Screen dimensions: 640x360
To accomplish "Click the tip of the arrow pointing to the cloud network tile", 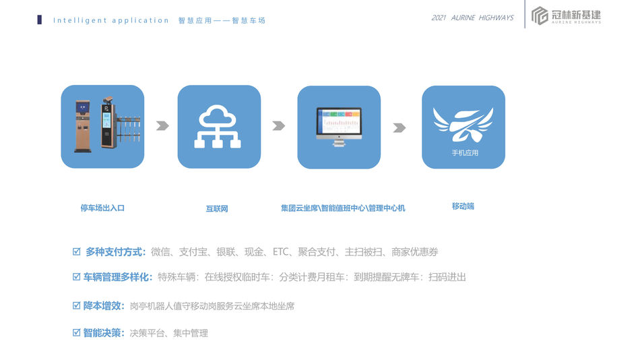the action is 169,125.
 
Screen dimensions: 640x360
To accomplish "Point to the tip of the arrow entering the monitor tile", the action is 286,125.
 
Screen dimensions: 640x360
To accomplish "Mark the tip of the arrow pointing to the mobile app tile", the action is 406,128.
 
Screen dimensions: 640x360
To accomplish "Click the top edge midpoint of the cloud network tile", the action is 219,85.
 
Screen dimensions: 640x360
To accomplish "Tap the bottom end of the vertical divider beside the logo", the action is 525,28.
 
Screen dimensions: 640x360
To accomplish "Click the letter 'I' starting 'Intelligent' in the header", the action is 55,20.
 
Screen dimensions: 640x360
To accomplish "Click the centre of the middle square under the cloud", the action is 217,144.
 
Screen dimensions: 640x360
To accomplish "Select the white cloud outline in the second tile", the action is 217,116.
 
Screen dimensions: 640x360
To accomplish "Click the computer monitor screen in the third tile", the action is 339,121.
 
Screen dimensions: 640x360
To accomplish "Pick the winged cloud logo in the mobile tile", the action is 463,124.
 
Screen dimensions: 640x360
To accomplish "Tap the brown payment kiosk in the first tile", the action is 83,126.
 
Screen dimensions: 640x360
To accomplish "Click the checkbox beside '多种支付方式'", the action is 76,251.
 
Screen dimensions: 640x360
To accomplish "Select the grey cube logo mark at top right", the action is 540,16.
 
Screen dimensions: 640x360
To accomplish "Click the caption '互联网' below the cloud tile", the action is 217,209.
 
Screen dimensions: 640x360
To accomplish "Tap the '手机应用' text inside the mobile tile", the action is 465,153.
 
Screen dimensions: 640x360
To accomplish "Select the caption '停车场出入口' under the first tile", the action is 102,208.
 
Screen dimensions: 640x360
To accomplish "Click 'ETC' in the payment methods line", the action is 280,251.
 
